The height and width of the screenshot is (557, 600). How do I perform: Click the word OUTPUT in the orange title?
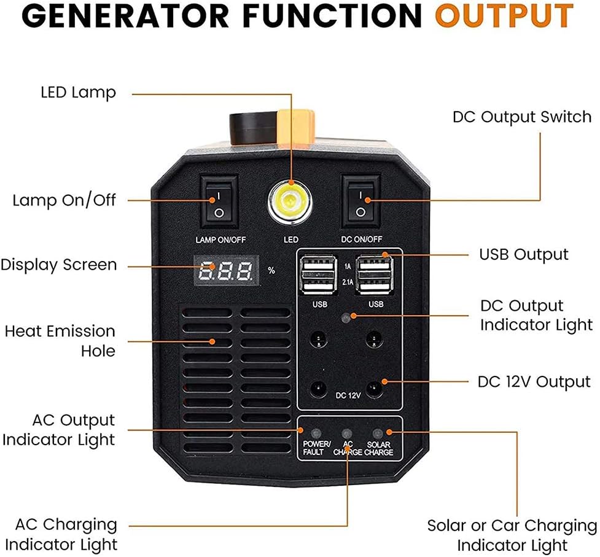504,17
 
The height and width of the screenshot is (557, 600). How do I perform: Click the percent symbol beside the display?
271,270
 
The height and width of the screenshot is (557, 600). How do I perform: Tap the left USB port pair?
316,273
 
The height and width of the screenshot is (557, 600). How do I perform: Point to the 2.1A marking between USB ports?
346,283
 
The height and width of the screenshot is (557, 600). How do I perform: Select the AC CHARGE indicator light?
347,433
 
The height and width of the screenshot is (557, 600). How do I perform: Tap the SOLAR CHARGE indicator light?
378,433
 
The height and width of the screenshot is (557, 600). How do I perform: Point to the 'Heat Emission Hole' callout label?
60,341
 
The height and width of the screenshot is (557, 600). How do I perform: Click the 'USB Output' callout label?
523,254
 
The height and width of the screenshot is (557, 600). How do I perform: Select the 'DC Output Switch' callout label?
522,117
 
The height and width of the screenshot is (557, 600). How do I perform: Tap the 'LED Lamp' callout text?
78,93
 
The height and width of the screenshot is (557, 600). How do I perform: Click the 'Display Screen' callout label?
58,265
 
